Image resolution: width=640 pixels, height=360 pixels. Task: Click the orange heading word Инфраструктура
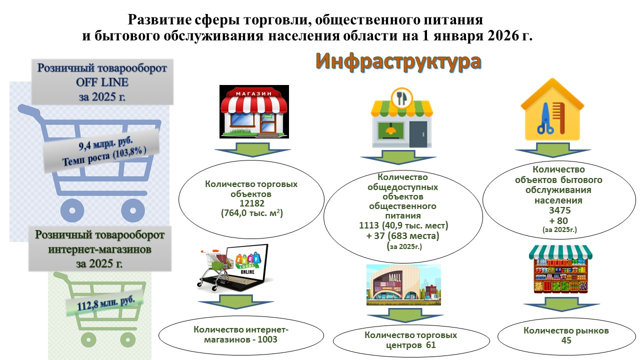398,61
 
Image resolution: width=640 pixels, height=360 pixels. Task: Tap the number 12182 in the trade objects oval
251,203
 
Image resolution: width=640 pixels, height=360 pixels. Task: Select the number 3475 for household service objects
559,210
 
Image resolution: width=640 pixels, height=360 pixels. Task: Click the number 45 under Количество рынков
566,340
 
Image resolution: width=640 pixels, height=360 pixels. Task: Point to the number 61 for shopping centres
430,345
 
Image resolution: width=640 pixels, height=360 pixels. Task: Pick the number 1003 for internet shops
267,339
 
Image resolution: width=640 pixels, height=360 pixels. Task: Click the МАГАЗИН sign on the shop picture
253,93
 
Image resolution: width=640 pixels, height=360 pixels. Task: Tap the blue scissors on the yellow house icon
545,119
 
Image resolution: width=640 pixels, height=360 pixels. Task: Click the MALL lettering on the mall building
395,277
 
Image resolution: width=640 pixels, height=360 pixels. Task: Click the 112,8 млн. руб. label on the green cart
105,303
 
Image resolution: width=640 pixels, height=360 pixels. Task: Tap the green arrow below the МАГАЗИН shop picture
253,149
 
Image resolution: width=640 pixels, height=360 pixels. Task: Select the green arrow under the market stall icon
561,304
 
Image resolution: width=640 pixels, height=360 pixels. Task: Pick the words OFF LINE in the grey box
102,82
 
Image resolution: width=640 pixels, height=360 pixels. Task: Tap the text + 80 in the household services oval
558,220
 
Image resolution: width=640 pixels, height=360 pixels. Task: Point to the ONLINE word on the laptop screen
247,271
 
